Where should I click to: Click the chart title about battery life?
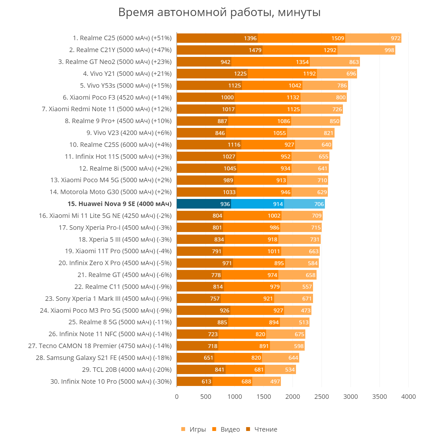click(219, 13)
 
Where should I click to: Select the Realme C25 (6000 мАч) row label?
click(122, 38)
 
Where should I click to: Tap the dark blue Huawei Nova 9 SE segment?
click(204, 204)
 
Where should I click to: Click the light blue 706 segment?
click(304, 204)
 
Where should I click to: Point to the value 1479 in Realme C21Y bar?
click(255, 50)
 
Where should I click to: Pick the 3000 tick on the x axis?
click(350, 397)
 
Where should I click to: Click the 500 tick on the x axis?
click(206, 397)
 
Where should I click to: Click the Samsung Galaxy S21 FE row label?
click(103, 358)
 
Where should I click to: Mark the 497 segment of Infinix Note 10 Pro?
click(266, 381)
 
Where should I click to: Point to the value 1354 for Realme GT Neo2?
click(302, 62)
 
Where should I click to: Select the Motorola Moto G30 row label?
click(111, 192)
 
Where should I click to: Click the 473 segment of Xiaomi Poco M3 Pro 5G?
click(298, 310)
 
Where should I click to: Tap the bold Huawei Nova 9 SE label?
click(120, 204)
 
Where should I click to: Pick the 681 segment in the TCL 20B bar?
click(245, 370)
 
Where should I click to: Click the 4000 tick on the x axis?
click(408, 397)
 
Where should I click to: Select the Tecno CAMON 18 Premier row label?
click(100, 346)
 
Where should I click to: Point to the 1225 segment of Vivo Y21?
click(212, 74)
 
